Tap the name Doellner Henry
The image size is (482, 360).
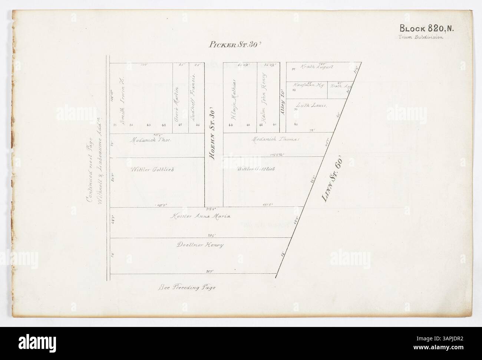(200, 245)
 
